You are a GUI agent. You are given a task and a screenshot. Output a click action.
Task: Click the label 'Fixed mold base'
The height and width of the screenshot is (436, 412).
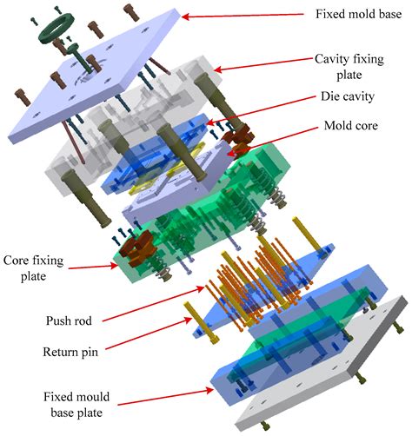click(x=356, y=15)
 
